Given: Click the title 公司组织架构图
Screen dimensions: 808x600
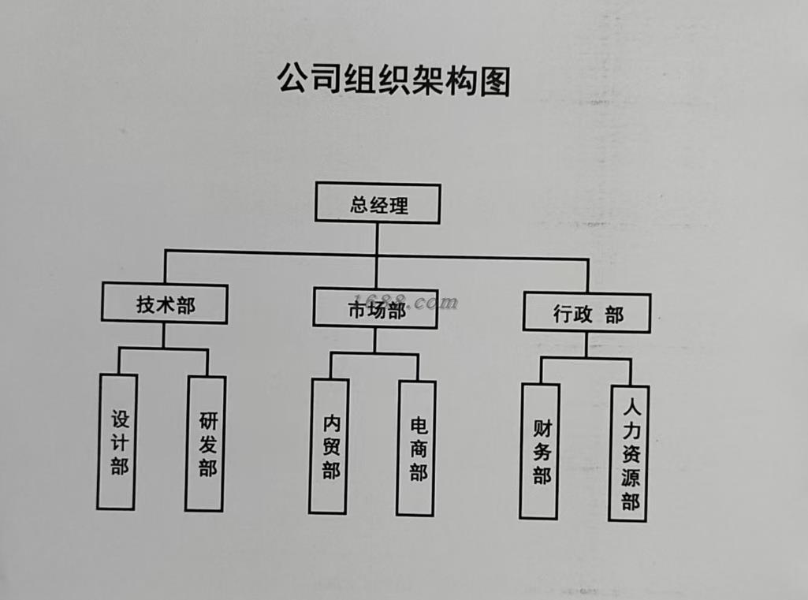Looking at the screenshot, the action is (393, 80).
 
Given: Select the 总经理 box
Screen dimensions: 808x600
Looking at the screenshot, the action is (378, 203).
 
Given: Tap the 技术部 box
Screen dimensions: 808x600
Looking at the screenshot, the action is (165, 304).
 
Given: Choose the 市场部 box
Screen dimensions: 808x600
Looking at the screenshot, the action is (376, 307).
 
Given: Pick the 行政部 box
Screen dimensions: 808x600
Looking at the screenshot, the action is (586, 313).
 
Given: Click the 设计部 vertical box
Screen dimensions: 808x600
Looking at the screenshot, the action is (117, 442).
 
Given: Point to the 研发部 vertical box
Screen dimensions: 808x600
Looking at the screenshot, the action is (206, 444).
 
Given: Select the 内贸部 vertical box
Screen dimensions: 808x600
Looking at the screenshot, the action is (330, 446).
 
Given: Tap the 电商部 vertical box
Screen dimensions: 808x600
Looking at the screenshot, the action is (416, 449).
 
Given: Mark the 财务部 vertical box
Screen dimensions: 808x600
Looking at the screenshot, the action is (540, 451).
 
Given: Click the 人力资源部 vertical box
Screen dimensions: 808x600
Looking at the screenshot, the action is (629, 453).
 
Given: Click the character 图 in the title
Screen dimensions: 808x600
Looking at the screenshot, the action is (494, 80).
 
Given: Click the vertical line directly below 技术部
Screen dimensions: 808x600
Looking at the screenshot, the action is (164, 335).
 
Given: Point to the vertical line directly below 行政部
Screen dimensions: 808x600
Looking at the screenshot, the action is (586, 345).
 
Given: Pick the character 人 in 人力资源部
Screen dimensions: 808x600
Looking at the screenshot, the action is (630, 408).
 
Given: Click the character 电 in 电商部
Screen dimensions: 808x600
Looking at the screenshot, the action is (418, 427).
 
